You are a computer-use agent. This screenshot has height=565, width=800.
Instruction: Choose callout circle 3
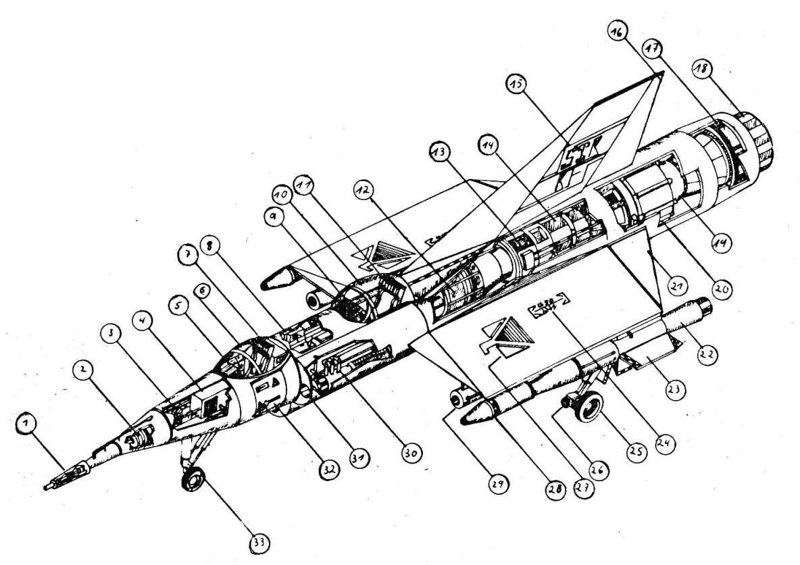(x=112, y=333)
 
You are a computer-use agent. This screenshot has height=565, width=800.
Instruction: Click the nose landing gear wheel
(x=194, y=481)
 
